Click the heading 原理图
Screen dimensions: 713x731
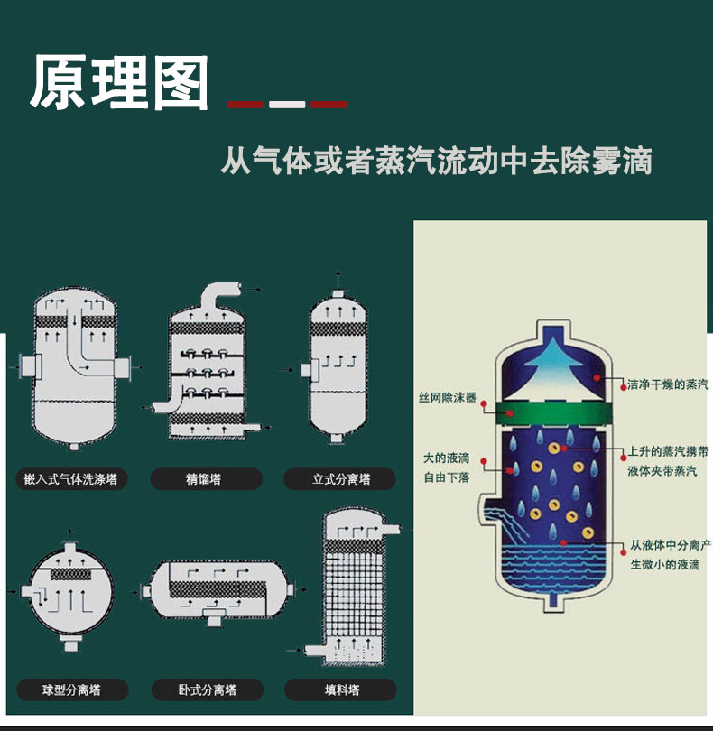tap(119, 82)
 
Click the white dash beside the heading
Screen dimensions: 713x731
tap(287, 105)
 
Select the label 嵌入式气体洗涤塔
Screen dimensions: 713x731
tap(70, 479)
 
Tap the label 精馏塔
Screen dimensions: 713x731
tap(203, 479)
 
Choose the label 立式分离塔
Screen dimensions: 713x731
tap(341, 479)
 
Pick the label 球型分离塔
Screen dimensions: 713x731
tap(71, 689)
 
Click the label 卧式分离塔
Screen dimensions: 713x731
tap(208, 689)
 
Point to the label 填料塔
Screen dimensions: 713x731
tap(342, 689)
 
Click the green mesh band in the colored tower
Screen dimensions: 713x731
tap(553, 413)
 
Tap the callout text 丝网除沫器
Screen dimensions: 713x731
tap(447, 397)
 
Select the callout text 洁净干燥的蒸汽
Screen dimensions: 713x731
tap(668, 384)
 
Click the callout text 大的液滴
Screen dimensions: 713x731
tap(446, 458)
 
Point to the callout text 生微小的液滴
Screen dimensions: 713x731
tap(665, 564)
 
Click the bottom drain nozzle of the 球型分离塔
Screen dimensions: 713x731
tap(71, 643)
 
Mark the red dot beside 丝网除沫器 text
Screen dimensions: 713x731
tap(484, 403)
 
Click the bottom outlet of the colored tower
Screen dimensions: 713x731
tap(553, 601)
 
